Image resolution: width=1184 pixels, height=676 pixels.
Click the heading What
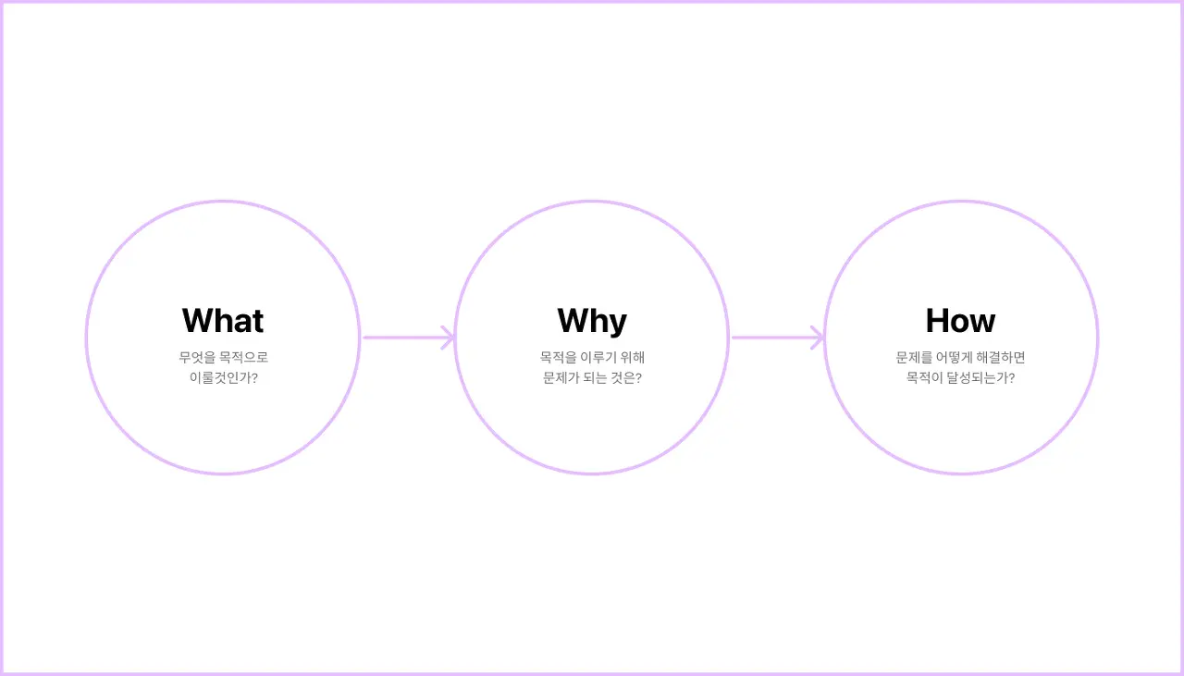pyautogui.click(x=223, y=320)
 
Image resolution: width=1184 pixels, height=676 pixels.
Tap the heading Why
pyautogui.click(x=592, y=321)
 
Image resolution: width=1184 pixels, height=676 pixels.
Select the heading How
pyautogui.click(x=960, y=320)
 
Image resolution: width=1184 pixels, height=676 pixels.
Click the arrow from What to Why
pyautogui.click(x=409, y=338)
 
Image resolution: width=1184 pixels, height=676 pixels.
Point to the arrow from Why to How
pyautogui.click(x=778, y=338)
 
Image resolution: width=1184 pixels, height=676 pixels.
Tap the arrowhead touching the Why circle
pyautogui.click(x=449, y=338)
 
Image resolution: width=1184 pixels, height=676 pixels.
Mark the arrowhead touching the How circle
pyautogui.click(x=818, y=338)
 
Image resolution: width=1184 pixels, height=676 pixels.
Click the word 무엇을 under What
pyautogui.click(x=197, y=358)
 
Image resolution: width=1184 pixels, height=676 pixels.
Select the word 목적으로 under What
pyautogui.click(x=243, y=358)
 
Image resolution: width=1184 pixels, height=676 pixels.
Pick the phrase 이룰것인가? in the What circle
pyautogui.click(x=224, y=378)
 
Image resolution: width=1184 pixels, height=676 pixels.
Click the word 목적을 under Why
pyautogui.click(x=558, y=358)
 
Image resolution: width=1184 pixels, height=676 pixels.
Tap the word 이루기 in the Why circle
pyautogui.click(x=598, y=358)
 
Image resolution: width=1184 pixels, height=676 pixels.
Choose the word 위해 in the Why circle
pyautogui.click(x=632, y=358)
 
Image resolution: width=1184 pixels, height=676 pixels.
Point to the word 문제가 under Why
pyautogui.click(x=561, y=378)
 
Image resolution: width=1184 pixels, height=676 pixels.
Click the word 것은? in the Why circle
pyautogui.click(x=626, y=378)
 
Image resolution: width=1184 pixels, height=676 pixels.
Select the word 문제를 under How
pyautogui.click(x=914, y=358)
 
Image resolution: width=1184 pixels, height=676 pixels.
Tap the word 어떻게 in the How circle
pyautogui.click(x=954, y=358)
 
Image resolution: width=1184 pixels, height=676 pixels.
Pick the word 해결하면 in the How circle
pyautogui.click(x=1001, y=358)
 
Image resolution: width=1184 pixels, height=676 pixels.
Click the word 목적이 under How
pyautogui.click(x=924, y=378)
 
